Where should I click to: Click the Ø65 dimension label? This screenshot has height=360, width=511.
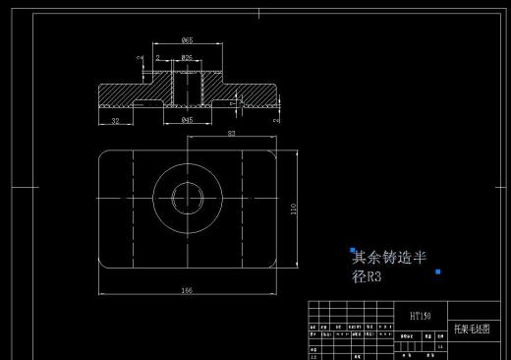pyautogui.click(x=187, y=40)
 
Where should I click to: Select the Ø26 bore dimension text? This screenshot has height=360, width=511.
pyautogui.click(x=187, y=59)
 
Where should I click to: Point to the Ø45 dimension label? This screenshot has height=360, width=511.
pyautogui.click(x=187, y=119)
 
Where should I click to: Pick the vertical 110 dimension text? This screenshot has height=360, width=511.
pyautogui.click(x=294, y=208)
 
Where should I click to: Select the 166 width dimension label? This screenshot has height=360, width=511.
pyautogui.click(x=187, y=289)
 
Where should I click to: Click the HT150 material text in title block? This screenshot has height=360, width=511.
pyautogui.click(x=421, y=317)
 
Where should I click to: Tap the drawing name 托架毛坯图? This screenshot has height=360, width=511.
pyautogui.click(x=467, y=328)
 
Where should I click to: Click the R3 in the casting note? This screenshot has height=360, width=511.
pyautogui.click(x=372, y=277)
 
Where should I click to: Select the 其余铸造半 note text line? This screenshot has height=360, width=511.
pyautogui.click(x=389, y=258)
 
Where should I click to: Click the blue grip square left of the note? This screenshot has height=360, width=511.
pyautogui.click(x=352, y=251)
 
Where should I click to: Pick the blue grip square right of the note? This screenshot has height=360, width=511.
pyautogui.click(x=437, y=270)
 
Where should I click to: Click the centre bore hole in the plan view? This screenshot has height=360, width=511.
pyautogui.click(x=187, y=198)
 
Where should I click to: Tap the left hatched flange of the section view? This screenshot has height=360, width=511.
pyautogui.click(x=123, y=95)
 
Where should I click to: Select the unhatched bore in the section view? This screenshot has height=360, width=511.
pyautogui.click(x=187, y=89)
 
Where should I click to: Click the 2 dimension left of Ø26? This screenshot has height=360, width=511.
pyautogui.click(x=157, y=59)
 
